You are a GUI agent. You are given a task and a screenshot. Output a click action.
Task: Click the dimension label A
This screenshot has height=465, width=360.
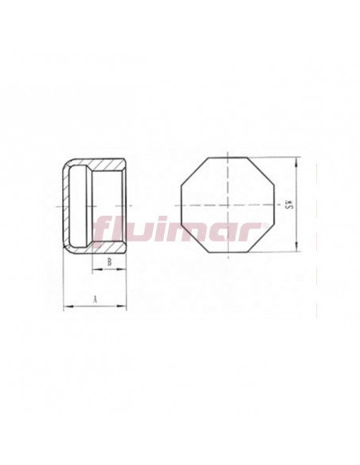coord(94,299)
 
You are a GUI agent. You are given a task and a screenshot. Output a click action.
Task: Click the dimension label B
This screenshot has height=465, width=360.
coord(108,260)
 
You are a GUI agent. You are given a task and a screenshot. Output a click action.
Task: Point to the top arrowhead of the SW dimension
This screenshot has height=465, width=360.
coord(296,160)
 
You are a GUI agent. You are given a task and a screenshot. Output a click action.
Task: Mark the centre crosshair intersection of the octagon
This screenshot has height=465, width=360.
coord(228,205)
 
